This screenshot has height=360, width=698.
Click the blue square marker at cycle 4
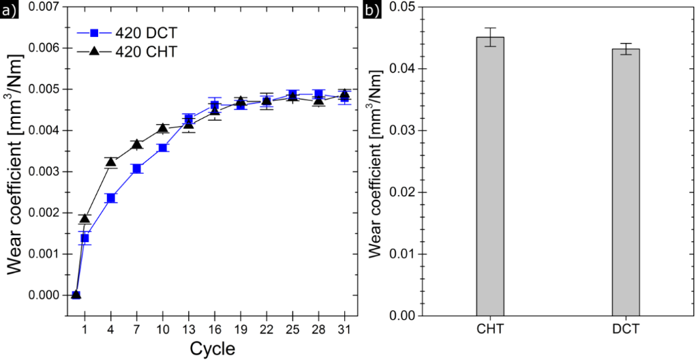(x=111, y=198)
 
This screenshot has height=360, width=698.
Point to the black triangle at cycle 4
(x=111, y=162)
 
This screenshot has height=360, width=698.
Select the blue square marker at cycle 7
(x=137, y=168)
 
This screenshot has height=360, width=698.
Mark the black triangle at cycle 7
(x=137, y=144)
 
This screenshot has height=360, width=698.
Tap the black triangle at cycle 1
(x=85, y=218)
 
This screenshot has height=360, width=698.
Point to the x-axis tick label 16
(x=215, y=329)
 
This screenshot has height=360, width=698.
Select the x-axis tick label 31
(x=344, y=329)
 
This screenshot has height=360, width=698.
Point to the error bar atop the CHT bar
(x=489, y=37)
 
